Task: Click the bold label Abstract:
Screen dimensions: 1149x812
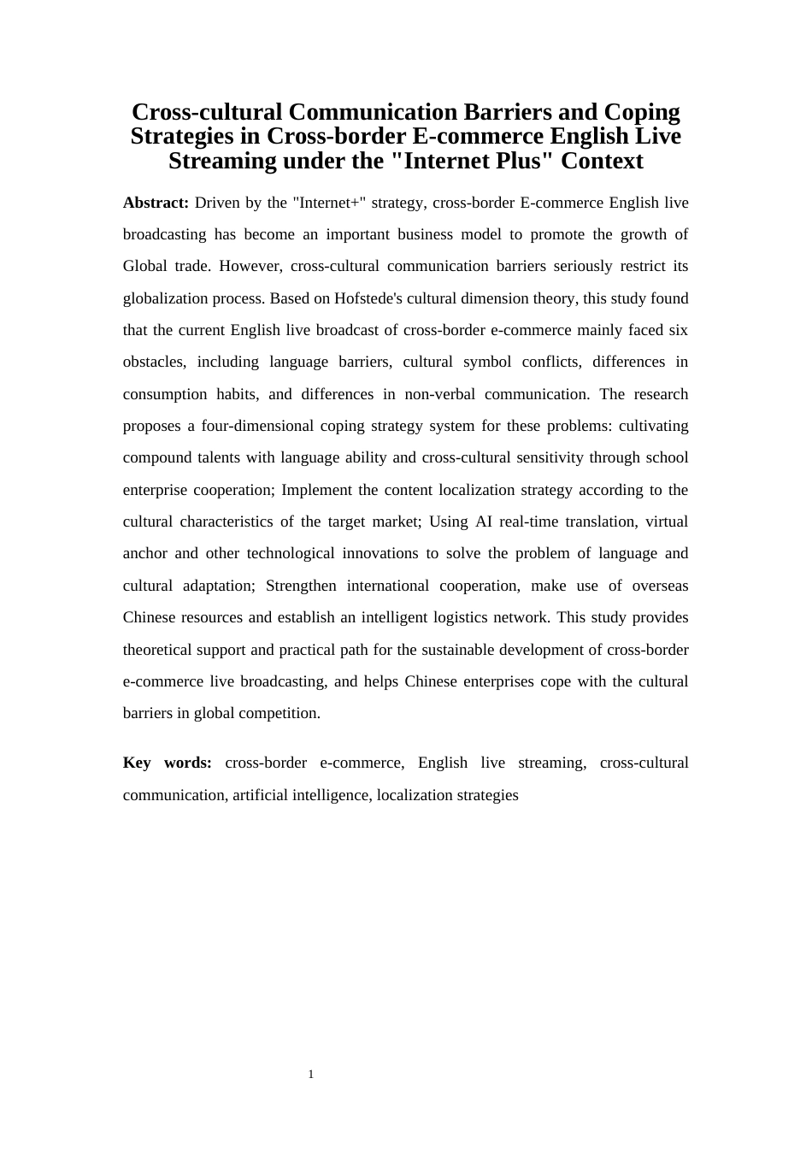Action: point(156,203)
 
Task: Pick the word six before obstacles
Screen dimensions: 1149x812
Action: point(679,330)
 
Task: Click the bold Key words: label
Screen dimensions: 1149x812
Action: point(168,763)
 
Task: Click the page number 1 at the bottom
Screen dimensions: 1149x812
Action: point(311,1075)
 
